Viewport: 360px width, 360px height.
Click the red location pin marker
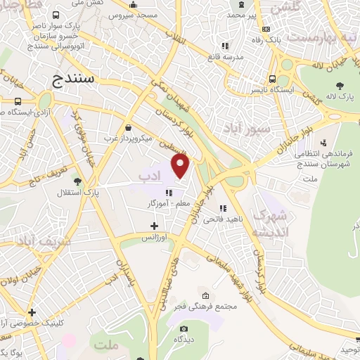coord(181,166)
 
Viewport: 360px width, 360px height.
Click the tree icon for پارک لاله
coord(340,86)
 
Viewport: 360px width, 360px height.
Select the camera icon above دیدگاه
coord(184,328)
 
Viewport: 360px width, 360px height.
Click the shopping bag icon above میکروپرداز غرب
coord(129,127)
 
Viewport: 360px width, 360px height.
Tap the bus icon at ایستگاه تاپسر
coord(272,79)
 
